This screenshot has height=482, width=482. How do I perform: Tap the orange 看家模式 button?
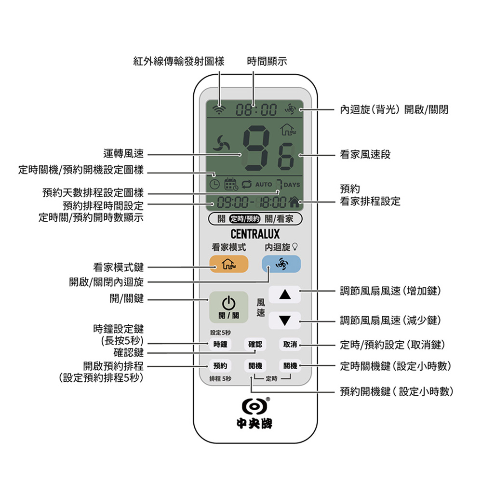point(228,264)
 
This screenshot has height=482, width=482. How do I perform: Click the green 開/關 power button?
point(228,307)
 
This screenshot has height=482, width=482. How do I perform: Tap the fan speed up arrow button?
point(285,295)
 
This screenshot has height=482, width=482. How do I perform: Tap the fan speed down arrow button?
point(285,321)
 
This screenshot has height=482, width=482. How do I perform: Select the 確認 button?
point(255,344)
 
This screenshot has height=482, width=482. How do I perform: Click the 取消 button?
point(290,344)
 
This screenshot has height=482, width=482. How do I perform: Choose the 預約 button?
point(220,365)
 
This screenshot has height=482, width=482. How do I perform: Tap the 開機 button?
point(255,365)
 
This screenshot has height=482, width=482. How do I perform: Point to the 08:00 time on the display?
point(256,110)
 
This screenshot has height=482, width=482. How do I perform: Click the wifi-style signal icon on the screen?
point(219,108)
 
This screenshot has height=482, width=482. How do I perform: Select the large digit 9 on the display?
point(256,149)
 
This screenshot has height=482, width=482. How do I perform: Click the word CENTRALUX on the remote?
point(255,234)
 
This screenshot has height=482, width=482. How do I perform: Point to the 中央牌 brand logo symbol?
point(254,406)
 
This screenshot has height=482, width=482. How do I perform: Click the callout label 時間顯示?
point(267,61)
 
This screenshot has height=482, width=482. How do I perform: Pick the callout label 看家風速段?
point(365,154)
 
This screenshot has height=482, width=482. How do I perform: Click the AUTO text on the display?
point(264,185)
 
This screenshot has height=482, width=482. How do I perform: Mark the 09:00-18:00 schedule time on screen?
point(252,202)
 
